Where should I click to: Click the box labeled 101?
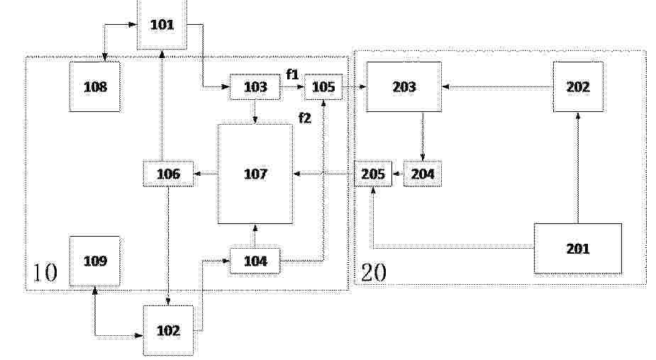click(x=162, y=24)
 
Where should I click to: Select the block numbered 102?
click(x=168, y=330)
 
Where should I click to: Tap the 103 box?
click(x=255, y=87)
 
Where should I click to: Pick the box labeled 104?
click(x=255, y=261)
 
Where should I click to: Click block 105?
click(x=323, y=87)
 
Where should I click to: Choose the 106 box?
click(x=168, y=174)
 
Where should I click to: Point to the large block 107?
click(x=255, y=174)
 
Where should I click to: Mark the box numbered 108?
click(x=95, y=87)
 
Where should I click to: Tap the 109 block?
click(x=95, y=261)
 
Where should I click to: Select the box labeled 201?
click(x=578, y=249)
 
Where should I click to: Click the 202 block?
click(x=578, y=87)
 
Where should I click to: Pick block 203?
click(x=404, y=87)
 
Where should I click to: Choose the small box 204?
click(x=423, y=174)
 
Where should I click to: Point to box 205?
click(x=373, y=174)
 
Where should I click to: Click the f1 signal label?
click(x=292, y=74)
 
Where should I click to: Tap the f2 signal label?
click(x=305, y=118)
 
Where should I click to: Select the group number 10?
click(x=45, y=273)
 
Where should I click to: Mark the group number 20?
click(x=374, y=273)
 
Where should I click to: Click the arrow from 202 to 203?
click(x=497, y=87)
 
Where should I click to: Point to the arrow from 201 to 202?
click(x=578, y=168)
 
